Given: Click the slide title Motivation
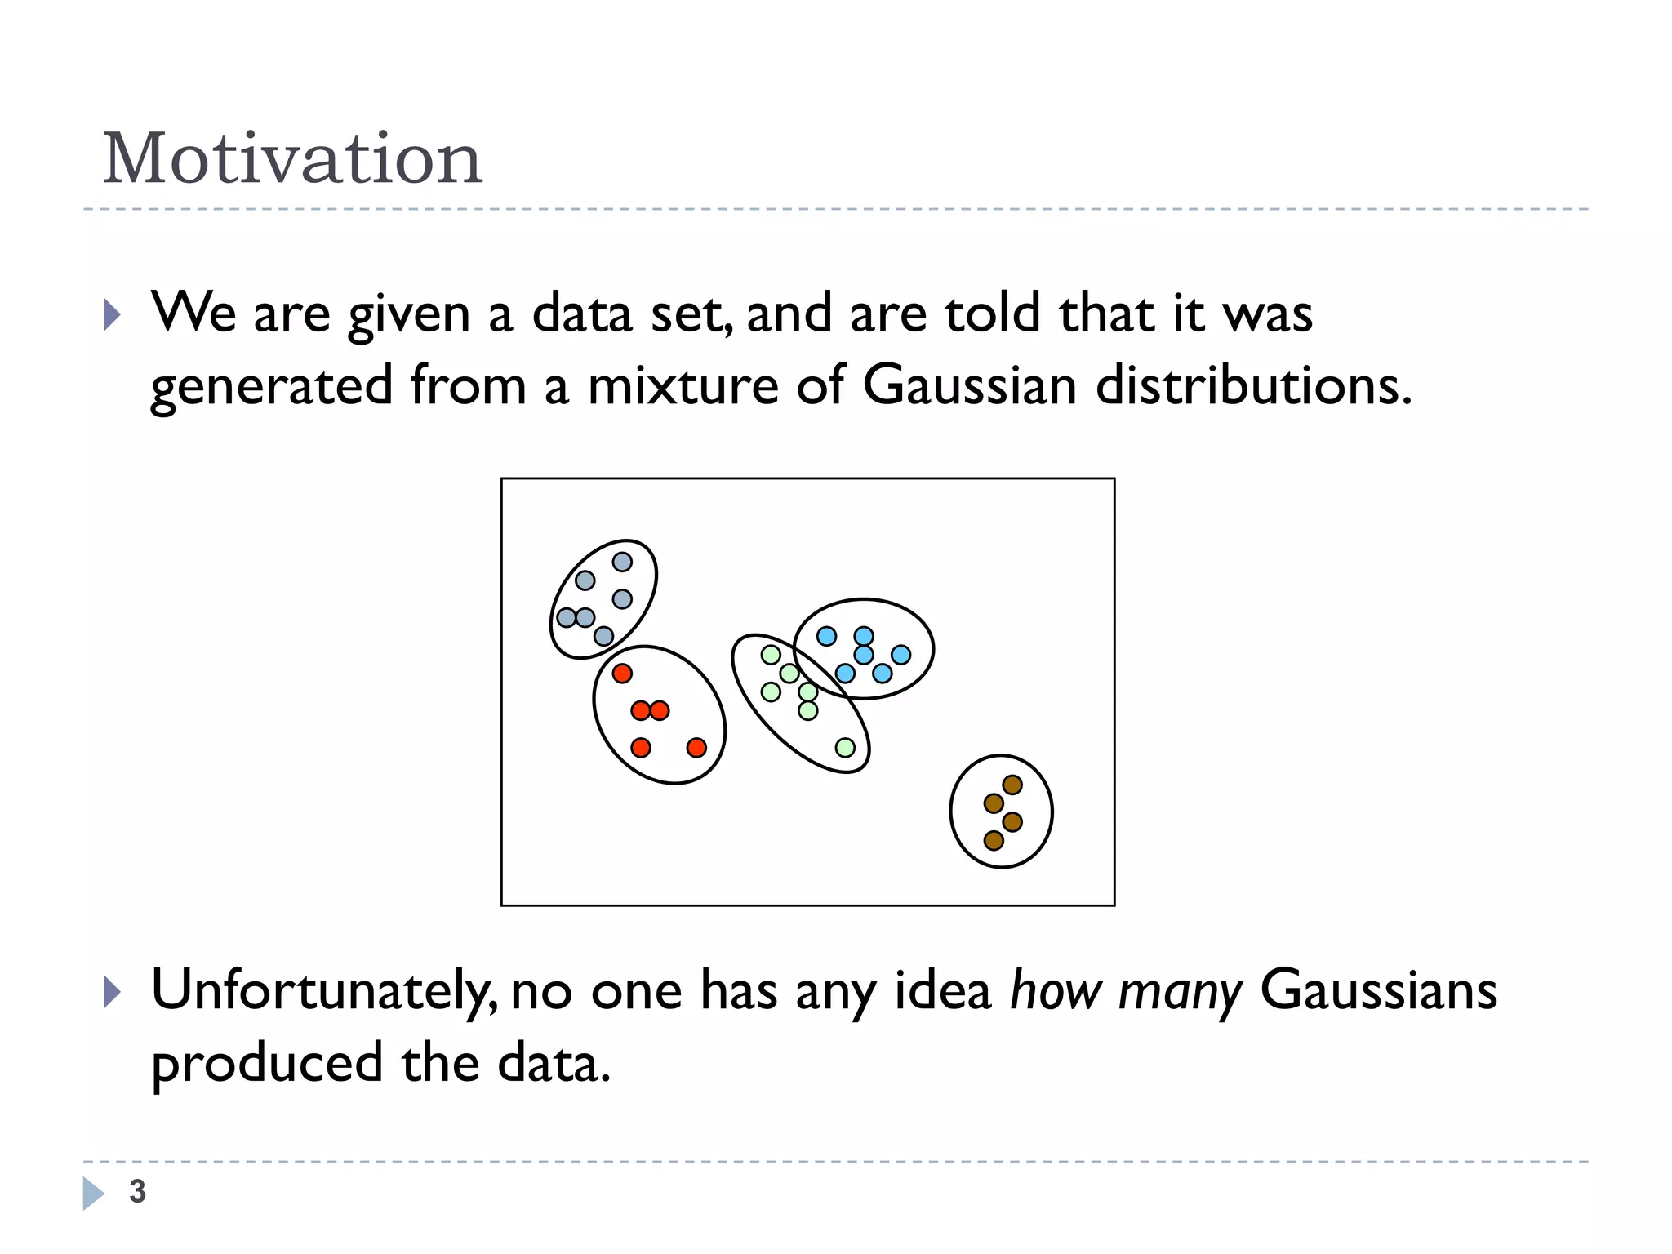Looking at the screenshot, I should (x=292, y=158).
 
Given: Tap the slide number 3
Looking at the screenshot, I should (x=137, y=1191).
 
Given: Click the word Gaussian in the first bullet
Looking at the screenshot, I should (x=969, y=385).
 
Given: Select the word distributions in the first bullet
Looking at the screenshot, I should (x=1252, y=385).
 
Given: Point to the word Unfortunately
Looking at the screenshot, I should (x=323, y=991).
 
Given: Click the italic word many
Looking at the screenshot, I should (x=1180, y=991).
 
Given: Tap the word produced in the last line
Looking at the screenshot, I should (x=267, y=1063).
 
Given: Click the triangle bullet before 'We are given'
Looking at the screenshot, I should (x=113, y=314).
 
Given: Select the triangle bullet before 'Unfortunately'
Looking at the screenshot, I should (x=113, y=992).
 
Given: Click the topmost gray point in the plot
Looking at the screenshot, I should (x=622, y=562).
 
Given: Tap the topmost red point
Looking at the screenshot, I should (x=622, y=674).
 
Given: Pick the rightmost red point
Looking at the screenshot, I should (x=696, y=748).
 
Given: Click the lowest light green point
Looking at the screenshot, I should (x=845, y=748).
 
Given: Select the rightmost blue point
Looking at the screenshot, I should (x=900, y=655).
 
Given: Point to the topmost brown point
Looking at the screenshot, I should (x=1012, y=785).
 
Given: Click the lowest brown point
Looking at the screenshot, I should (x=994, y=840).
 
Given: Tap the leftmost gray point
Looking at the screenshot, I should (x=566, y=617).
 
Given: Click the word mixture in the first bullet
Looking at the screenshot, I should (x=683, y=385).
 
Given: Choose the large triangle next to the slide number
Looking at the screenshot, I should (x=93, y=1193).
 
